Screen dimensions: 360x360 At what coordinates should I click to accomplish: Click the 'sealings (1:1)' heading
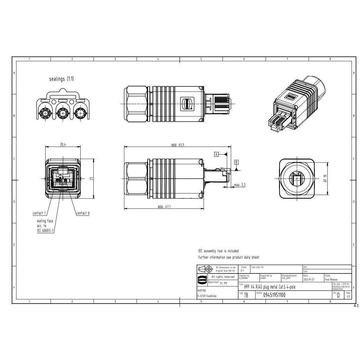click(61, 79)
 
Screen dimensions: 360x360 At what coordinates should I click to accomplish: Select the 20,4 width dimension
click(63, 145)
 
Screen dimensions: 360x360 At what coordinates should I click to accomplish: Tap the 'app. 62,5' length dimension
click(177, 145)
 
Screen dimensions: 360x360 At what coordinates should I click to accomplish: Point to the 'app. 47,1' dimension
click(164, 207)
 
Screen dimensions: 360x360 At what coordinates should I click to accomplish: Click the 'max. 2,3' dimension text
click(240, 185)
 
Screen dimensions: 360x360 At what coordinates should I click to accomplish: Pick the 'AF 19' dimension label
click(325, 178)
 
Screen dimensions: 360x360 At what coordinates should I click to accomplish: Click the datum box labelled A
click(217, 154)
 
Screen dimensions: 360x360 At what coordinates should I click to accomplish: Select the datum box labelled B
click(236, 162)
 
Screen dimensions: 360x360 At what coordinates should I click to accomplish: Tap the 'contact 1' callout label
click(39, 213)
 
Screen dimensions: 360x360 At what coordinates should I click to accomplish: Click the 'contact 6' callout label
click(83, 213)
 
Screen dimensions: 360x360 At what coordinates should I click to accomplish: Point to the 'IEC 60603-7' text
click(45, 231)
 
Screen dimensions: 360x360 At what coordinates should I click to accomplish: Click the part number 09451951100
click(274, 295)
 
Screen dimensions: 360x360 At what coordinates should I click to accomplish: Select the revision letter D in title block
click(338, 295)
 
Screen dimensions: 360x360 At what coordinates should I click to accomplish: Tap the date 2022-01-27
click(309, 279)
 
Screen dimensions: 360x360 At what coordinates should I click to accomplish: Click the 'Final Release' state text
click(331, 279)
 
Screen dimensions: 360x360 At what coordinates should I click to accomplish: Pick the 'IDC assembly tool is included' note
click(218, 251)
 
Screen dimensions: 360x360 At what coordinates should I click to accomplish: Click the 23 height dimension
click(91, 179)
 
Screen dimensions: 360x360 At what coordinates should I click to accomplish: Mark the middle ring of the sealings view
click(62, 114)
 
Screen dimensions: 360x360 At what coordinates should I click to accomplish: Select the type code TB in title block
click(246, 295)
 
